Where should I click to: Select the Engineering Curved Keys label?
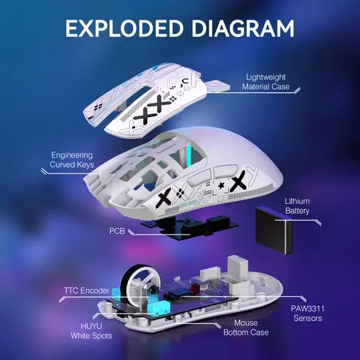(x=71, y=159)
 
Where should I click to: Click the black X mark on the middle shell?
(x=238, y=181)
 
